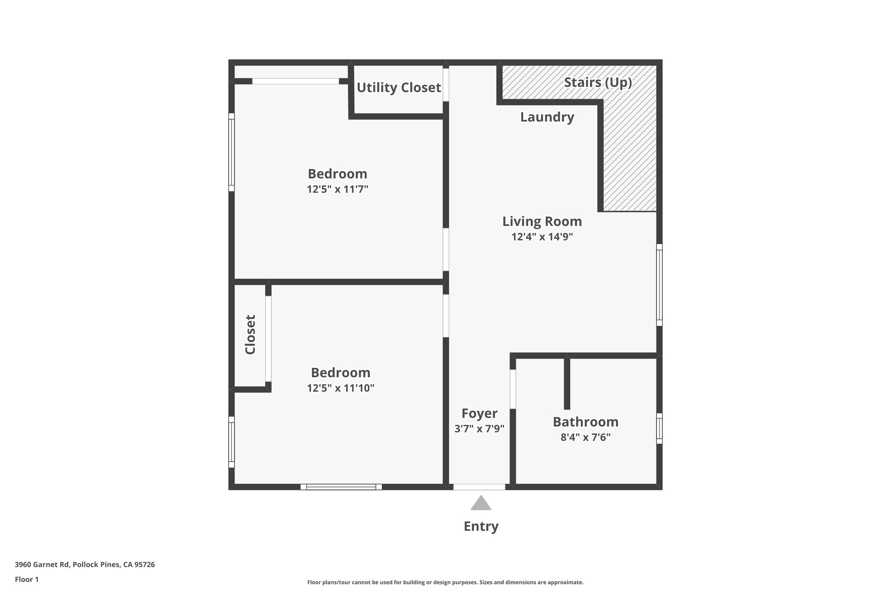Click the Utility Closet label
pyautogui.click(x=399, y=88)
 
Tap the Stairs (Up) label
pyautogui.click(x=598, y=82)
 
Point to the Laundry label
pyautogui.click(x=547, y=117)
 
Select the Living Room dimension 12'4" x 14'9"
pyautogui.click(x=542, y=237)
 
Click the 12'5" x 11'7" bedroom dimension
pyautogui.click(x=337, y=189)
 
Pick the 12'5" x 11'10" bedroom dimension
pyautogui.click(x=340, y=388)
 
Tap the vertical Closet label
pyautogui.click(x=250, y=334)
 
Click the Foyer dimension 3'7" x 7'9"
pyautogui.click(x=479, y=429)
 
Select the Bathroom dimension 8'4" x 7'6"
pyautogui.click(x=585, y=437)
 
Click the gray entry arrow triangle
pyautogui.click(x=481, y=504)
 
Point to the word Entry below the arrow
pyautogui.click(x=481, y=527)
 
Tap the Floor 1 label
pyautogui.click(x=27, y=579)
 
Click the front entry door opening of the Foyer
pyautogui.click(x=479, y=487)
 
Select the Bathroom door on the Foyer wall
pyautogui.click(x=512, y=389)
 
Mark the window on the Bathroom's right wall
pyautogui.click(x=659, y=428)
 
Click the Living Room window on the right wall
pyautogui.click(x=659, y=285)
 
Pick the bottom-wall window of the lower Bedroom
pyautogui.click(x=341, y=487)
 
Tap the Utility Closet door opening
pyautogui.click(x=445, y=85)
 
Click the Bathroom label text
pyautogui.click(x=585, y=422)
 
